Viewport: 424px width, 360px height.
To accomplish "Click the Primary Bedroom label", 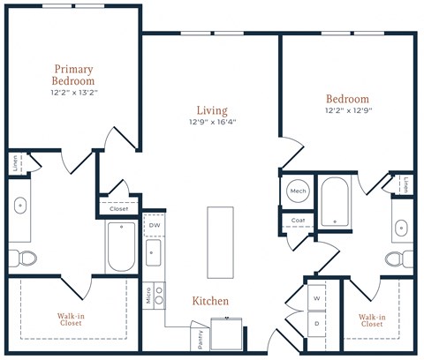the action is pyautogui.click(x=73, y=75).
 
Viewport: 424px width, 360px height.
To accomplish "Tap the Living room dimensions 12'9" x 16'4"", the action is pyautogui.click(x=213, y=122).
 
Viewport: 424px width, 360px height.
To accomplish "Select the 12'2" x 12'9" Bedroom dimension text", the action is pyautogui.click(x=349, y=110).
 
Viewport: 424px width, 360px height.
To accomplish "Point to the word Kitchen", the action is pyautogui.click(x=210, y=301).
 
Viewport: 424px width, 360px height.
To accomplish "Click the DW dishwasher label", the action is pyautogui.click(x=155, y=225).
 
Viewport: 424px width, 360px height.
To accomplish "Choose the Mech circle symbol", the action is pyautogui.click(x=298, y=191).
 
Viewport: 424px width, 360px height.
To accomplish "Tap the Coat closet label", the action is pyautogui.click(x=298, y=221).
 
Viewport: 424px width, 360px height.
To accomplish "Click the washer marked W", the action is pyautogui.click(x=316, y=297).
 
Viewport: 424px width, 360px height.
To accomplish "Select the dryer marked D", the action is pyautogui.click(x=316, y=324).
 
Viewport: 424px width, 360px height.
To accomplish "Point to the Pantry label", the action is pyautogui.click(x=201, y=340).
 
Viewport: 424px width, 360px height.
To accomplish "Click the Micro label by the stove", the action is pyautogui.click(x=148, y=296).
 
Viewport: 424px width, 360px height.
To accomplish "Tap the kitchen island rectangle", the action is pyautogui.click(x=220, y=243).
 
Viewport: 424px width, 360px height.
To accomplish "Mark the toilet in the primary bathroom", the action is pyautogui.click(x=23, y=259).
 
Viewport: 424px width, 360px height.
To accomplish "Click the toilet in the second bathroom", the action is pyautogui.click(x=399, y=259).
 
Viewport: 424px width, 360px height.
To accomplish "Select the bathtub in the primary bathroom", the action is pyautogui.click(x=121, y=246).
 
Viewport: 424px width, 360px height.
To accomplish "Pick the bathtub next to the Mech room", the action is pyautogui.click(x=335, y=202).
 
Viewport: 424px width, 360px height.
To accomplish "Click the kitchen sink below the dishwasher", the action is pyautogui.click(x=154, y=252).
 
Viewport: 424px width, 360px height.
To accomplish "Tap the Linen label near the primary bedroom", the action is pyautogui.click(x=15, y=163).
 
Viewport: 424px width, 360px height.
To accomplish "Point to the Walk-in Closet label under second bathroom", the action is pyautogui.click(x=372, y=320).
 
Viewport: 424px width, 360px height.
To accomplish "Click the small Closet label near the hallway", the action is pyautogui.click(x=118, y=209).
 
